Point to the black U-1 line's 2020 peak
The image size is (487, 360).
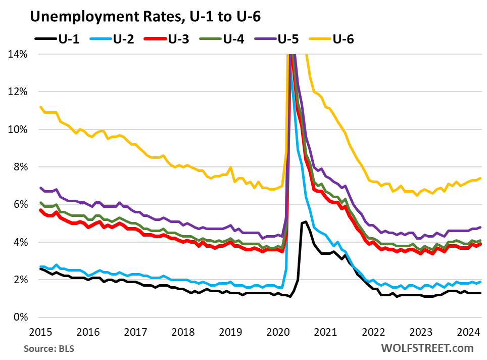coord(306,221)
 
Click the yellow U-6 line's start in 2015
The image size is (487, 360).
coord(40,107)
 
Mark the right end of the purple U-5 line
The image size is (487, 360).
coord(479,227)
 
